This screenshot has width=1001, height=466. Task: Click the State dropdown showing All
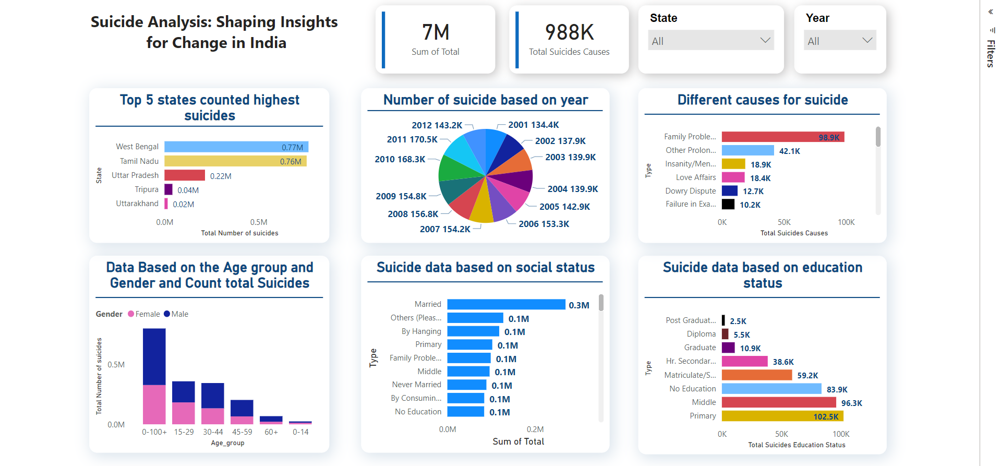coord(710,41)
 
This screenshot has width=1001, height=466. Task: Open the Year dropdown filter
coord(839,41)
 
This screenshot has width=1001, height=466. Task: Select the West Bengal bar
coord(236,147)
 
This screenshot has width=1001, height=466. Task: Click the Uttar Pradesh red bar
coord(185,175)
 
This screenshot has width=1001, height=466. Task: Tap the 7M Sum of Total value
coord(436,32)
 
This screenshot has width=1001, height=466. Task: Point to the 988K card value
coord(569,32)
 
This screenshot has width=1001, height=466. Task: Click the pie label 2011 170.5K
coord(412,139)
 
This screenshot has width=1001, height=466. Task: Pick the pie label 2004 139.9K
coord(572,189)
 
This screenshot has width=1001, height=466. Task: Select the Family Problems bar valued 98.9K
coord(782,137)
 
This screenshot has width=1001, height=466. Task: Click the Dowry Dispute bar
coord(729,191)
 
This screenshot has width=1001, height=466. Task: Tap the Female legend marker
coord(131,314)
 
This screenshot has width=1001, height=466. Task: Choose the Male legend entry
coord(176,314)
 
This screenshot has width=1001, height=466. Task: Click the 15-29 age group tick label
coord(184,432)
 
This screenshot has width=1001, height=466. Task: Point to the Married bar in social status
coord(506,305)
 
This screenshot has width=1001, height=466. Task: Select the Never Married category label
coord(416,385)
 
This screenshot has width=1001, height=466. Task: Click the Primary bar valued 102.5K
coord(782,416)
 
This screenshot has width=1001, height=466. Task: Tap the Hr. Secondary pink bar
coord(744,361)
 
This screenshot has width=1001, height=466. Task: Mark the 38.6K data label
coord(783,362)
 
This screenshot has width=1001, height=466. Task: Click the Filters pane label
coord(990,53)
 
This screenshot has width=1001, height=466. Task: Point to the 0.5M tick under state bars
coord(259,222)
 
